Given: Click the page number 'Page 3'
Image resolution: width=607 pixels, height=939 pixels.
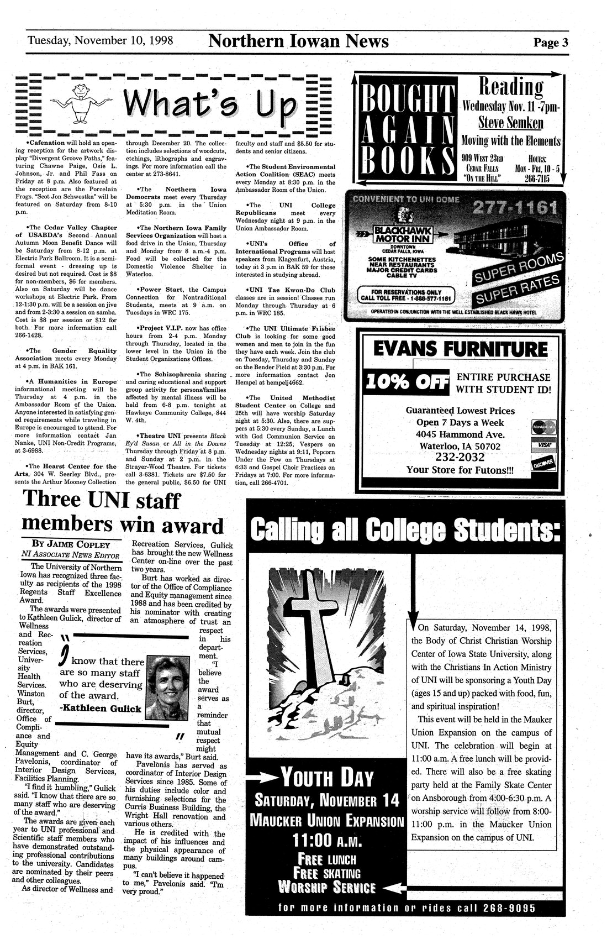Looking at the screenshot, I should [x=550, y=43].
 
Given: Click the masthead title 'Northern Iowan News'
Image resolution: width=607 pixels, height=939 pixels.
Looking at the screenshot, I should [x=299, y=41].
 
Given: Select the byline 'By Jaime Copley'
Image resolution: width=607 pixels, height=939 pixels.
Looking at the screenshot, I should [x=71, y=544].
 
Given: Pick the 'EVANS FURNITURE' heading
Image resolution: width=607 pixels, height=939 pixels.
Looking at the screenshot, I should [x=461, y=349].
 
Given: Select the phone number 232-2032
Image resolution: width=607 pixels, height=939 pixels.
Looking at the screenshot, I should [x=460, y=458].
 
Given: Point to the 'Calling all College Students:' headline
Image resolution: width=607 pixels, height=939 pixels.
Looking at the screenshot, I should [x=405, y=530].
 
